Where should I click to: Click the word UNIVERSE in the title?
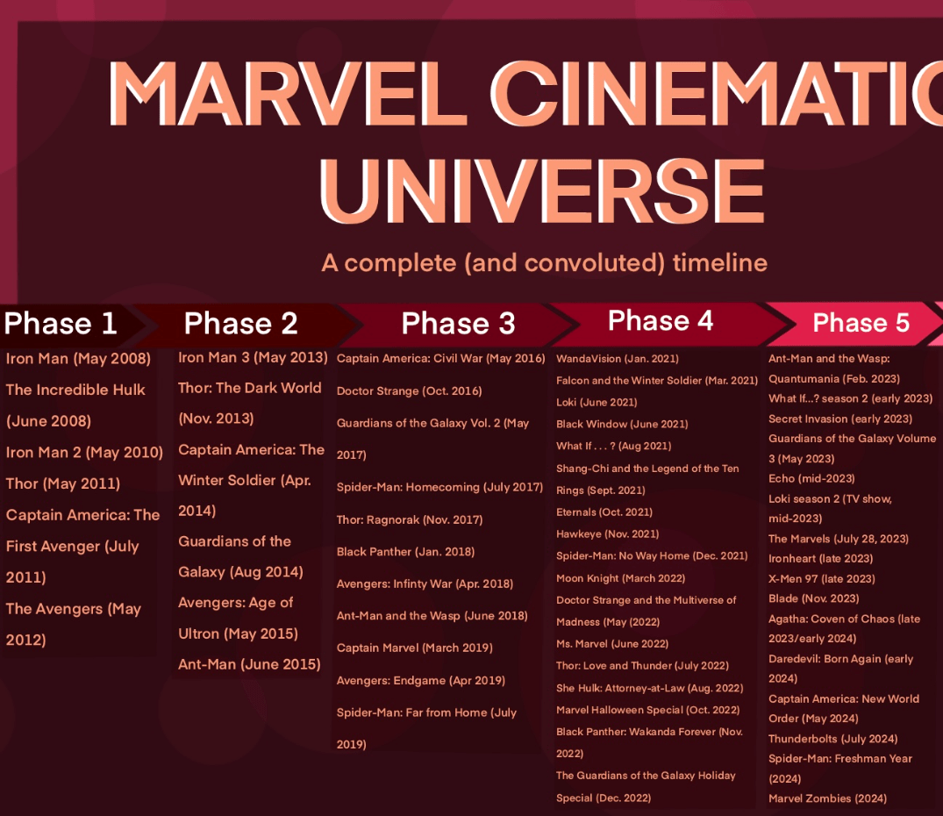(542, 190)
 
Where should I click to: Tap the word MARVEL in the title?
(289, 93)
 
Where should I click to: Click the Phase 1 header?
(61, 324)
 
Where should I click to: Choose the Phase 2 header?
(240, 324)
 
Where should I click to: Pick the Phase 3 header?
(458, 324)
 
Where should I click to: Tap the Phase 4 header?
(661, 320)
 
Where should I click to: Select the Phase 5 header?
(861, 323)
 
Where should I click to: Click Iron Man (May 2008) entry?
(78, 359)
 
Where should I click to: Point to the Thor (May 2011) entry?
(63, 484)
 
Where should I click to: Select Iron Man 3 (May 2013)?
(253, 358)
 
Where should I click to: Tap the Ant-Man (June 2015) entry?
(250, 664)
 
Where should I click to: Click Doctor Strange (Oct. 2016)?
(409, 390)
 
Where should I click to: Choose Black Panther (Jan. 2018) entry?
(405, 552)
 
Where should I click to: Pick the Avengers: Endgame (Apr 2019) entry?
(420, 681)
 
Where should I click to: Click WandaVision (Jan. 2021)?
(617, 359)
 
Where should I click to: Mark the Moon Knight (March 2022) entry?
(621, 578)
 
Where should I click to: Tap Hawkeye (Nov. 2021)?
(607, 534)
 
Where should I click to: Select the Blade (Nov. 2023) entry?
(814, 599)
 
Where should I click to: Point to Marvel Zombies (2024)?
(827, 798)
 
